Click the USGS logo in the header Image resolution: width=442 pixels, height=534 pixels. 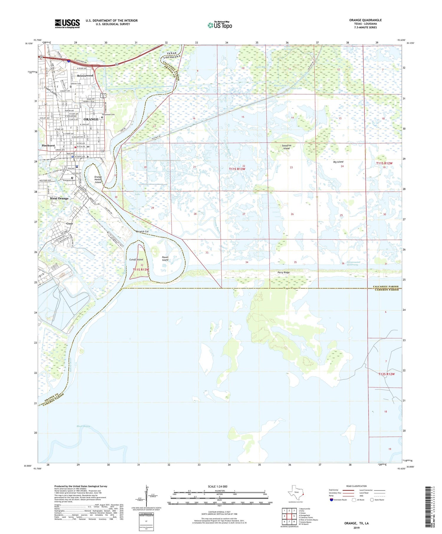tap(67, 24)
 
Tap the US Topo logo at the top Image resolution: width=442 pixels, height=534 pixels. tap(220, 25)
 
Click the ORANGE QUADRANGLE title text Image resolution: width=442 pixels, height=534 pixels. tap(365, 20)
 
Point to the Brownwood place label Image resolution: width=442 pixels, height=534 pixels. tap(85, 76)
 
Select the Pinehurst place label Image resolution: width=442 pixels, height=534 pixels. tap(48, 146)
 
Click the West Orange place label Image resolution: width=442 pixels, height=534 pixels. tap(59, 198)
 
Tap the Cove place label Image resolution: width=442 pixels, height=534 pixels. tap(70, 224)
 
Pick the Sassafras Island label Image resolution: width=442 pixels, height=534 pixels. tap(286, 147)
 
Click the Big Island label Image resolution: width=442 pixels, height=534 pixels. tap(338, 162)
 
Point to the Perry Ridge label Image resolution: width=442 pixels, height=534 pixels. tap(283, 272)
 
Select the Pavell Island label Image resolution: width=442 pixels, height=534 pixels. tap(165, 258)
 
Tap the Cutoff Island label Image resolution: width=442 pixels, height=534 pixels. tap(136, 259)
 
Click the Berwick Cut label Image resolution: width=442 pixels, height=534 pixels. tap(142, 232)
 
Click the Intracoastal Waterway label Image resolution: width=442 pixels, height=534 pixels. tap(353, 263)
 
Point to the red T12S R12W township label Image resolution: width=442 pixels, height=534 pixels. tap(386, 374)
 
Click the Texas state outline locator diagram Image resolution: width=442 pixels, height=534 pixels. tap(295, 493)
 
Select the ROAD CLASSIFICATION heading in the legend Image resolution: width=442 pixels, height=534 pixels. tap(357, 486)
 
